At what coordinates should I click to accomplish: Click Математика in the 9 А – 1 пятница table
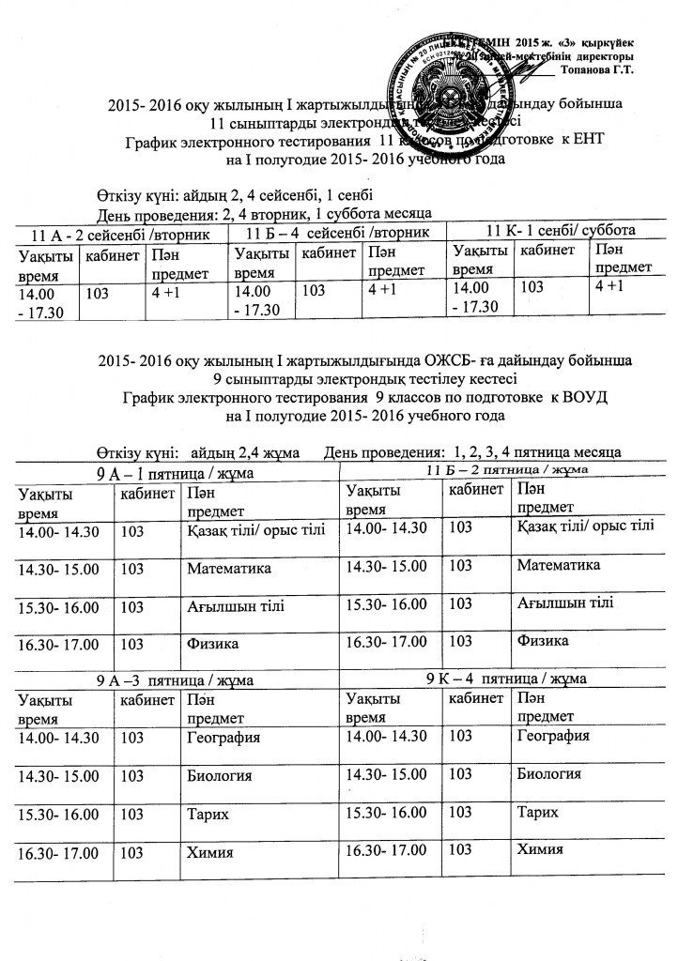pyautogui.click(x=229, y=569)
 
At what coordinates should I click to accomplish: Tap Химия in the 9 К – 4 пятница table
pyautogui.click(x=540, y=849)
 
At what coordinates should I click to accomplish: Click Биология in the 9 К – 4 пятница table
pyautogui.click(x=548, y=775)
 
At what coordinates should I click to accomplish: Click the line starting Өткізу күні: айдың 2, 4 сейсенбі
pyautogui.click(x=235, y=195)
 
